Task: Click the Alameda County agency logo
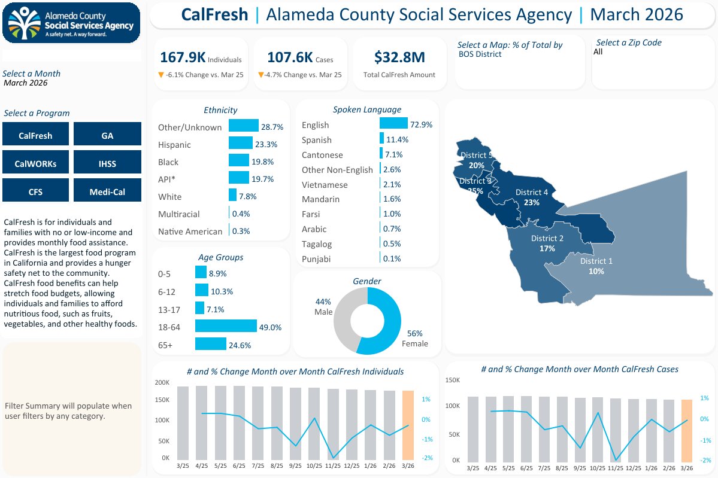(71, 23)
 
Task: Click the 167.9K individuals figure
(183, 57)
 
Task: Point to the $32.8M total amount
(399, 57)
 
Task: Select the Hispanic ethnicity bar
(241, 143)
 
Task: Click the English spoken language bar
(393, 123)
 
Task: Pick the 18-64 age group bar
(226, 326)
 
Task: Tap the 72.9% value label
(421, 125)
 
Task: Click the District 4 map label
(531, 193)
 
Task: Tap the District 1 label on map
(596, 261)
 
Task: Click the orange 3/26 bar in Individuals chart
(408, 424)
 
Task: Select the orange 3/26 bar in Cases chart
(686, 430)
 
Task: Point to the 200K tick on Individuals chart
(162, 382)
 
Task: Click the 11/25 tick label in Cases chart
(616, 468)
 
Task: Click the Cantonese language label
(322, 155)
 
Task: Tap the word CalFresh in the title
(214, 14)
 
